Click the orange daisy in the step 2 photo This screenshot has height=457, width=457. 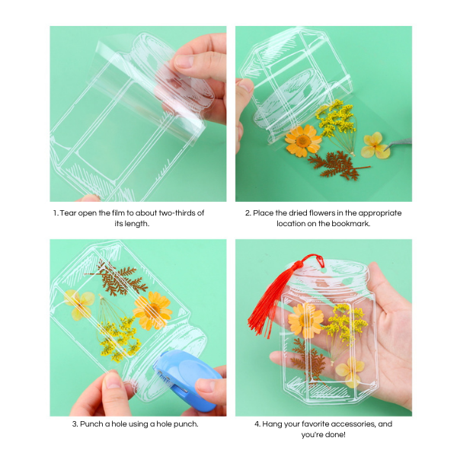point(302,140)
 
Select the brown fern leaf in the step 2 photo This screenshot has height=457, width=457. point(335,164)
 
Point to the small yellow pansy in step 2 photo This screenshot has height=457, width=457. point(375,145)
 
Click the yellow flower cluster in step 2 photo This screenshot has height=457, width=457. point(335,118)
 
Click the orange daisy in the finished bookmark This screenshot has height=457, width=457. point(306,320)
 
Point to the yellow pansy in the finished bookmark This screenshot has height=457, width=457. point(350,371)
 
